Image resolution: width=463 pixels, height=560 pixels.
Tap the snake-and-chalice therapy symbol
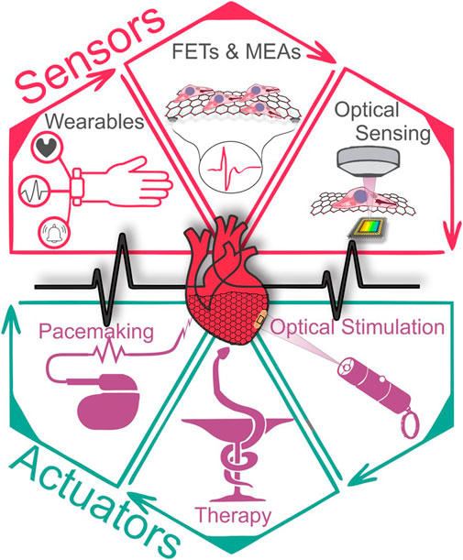pos(235,432)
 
